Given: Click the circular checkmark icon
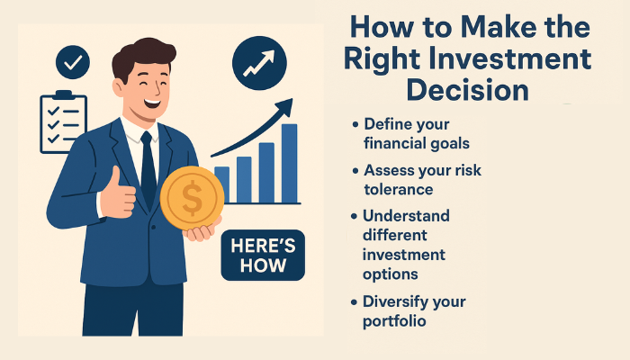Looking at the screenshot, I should click(x=72, y=62).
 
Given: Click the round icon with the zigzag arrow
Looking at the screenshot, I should click(x=258, y=62).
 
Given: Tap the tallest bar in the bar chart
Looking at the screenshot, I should click(x=289, y=163).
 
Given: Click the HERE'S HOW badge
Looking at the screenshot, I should click(x=263, y=256).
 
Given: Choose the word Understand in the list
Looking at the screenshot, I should click(x=406, y=216).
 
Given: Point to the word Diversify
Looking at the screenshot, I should click(x=400, y=301).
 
